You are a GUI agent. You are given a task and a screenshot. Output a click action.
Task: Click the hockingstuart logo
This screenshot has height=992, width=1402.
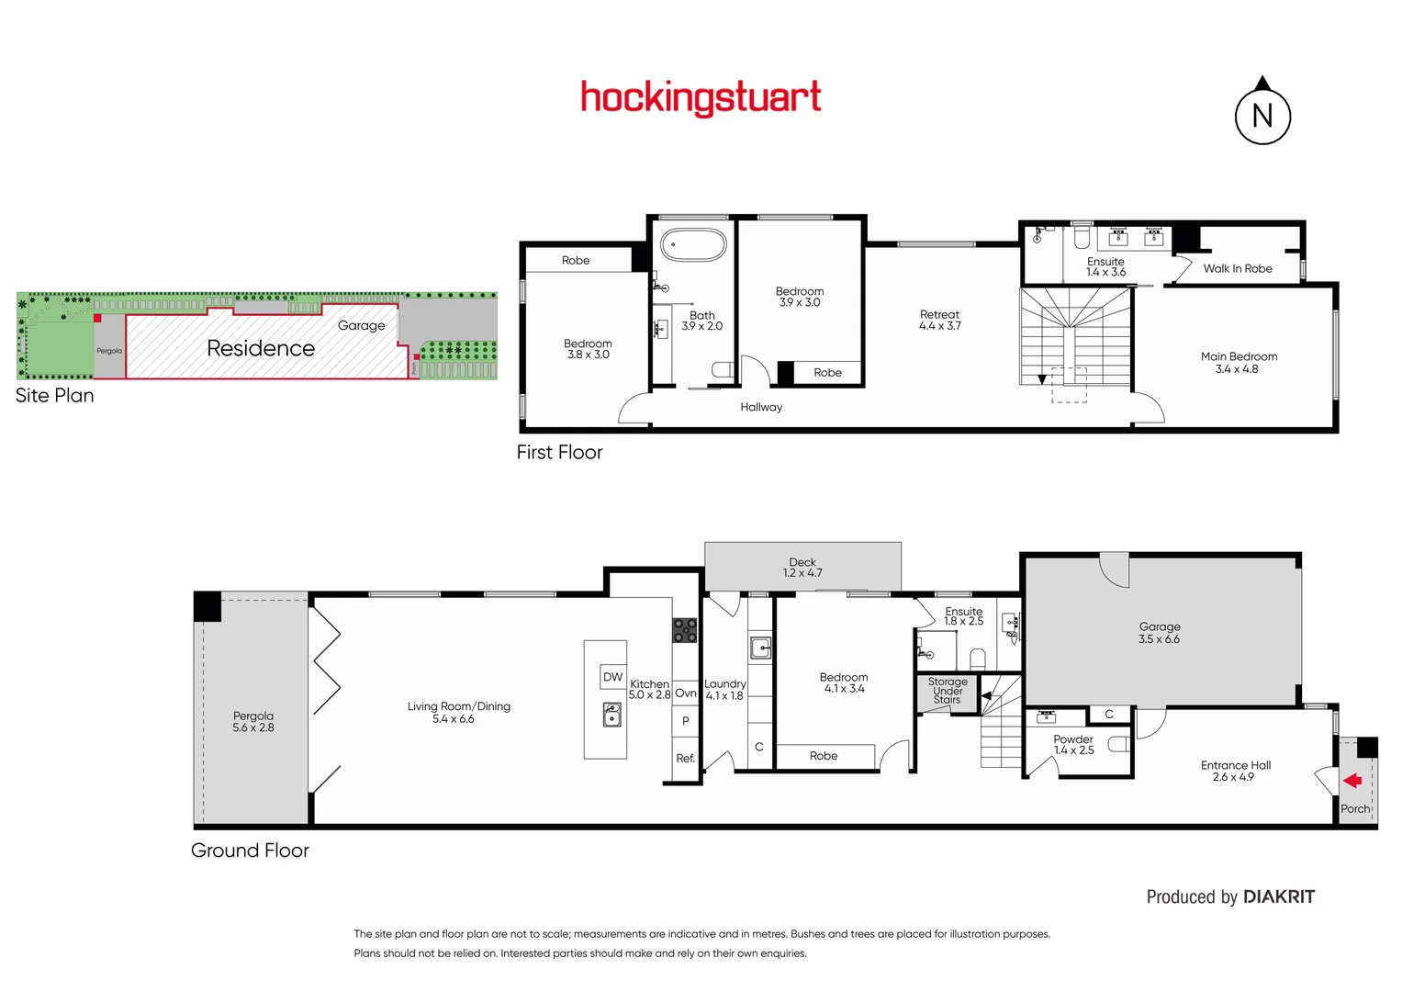[x=701, y=97]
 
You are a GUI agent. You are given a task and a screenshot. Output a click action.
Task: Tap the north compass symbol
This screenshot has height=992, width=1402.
[x=1262, y=115]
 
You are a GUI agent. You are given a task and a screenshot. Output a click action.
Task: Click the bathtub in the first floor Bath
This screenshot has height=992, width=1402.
[x=694, y=245]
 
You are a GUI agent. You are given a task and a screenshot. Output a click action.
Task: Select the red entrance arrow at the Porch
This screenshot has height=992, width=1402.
[x=1352, y=781]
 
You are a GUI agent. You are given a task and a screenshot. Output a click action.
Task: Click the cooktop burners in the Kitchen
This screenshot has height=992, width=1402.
[x=685, y=630]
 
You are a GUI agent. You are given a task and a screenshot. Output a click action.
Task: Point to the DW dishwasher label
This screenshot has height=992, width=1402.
[x=612, y=677]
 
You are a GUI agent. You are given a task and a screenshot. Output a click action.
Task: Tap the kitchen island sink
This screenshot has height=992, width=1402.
[x=612, y=714]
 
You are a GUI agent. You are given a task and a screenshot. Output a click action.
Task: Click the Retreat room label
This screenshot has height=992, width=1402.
[x=939, y=314]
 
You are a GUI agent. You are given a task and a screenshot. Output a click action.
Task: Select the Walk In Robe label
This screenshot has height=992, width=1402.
[x=1237, y=268]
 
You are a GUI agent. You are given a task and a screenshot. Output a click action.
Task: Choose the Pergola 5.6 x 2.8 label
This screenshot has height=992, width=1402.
[x=253, y=722]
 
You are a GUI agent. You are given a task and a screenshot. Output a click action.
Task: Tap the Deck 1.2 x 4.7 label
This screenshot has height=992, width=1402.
[x=802, y=568]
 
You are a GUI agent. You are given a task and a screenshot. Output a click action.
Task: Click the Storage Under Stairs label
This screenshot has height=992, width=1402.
[x=948, y=691]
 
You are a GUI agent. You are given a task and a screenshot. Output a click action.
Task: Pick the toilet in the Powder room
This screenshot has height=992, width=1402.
[x=1117, y=743]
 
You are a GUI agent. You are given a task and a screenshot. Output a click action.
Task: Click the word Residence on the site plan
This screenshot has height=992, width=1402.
[x=261, y=348]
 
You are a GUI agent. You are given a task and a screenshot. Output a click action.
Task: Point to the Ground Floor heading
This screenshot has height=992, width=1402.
[x=250, y=851]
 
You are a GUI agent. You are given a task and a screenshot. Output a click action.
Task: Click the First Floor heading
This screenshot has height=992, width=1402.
[x=559, y=452]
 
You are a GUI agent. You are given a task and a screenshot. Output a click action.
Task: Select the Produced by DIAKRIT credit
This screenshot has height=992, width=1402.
[x=1229, y=896]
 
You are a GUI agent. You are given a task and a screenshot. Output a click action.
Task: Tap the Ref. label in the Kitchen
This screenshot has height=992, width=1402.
[x=685, y=758]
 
